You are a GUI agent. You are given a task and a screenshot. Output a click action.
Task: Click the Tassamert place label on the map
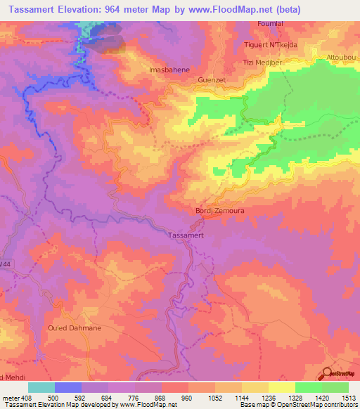pyautogui.click(x=187, y=236)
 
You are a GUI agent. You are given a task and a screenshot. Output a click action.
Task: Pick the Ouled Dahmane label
pyautogui.click(x=75, y=328)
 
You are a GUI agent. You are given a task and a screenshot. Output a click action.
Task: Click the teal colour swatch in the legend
pyautogui.click(x=41, y=387)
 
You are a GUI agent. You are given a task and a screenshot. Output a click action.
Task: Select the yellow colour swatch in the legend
pyautogui.click(x=282, y=387)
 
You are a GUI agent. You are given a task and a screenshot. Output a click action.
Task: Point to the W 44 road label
pyautogui.click(x=6, y=263)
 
